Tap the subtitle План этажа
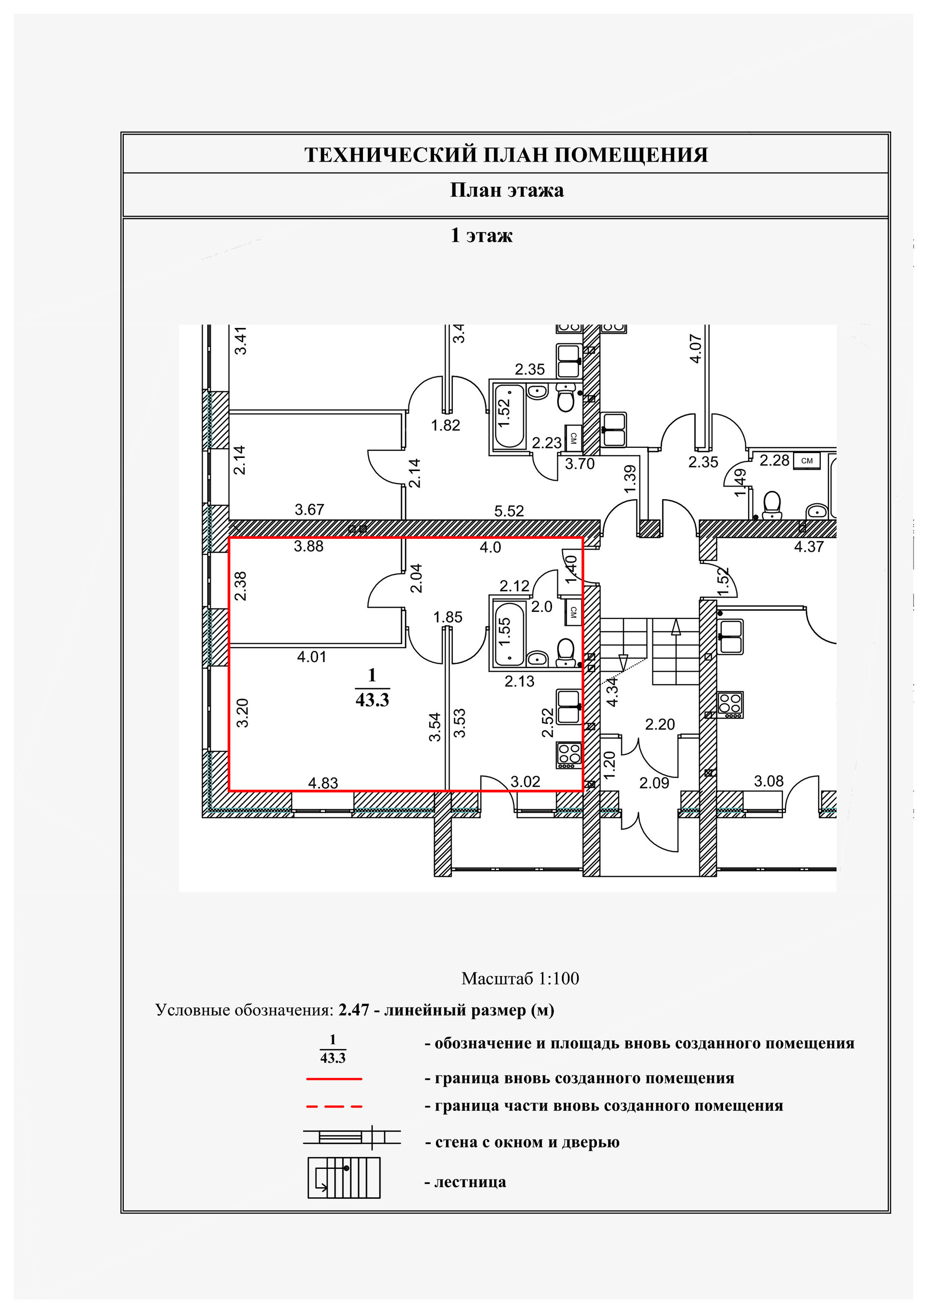[507, 190]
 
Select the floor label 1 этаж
[481, 235]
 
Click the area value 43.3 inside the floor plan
[372, 700]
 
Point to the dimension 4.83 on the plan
[323, 782]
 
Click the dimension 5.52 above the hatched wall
[508, 511]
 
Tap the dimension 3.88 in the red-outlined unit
[308, 546]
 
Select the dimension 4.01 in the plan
[311, 656]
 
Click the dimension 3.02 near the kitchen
[524, 781]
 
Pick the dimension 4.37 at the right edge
[809, 546]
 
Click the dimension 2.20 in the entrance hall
[660, 724]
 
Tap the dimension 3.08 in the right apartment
[768, 781]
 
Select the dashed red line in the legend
[334, 1106]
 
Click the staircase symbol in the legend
[344, 1177]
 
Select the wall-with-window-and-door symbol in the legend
[351, 1137]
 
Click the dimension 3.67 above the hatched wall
[309, 509]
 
